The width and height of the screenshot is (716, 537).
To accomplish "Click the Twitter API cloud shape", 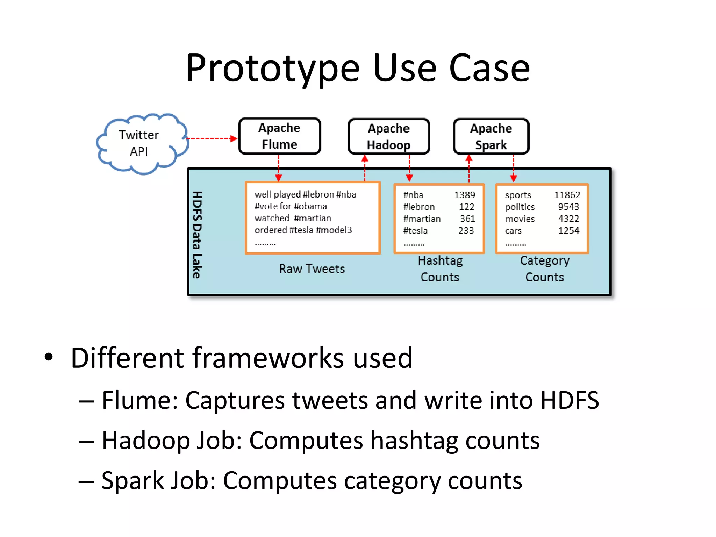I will [142, 143].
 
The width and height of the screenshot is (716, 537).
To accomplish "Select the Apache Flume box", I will [279, 136].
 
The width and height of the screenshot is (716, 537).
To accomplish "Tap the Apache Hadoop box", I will [388, 136].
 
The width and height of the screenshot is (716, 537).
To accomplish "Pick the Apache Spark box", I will [491, 136].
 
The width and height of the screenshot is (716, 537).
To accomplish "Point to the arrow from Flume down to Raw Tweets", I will [279, 168].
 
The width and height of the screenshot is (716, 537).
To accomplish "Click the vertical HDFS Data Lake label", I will [197, 235].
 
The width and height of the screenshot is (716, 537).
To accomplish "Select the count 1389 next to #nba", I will [464, 195].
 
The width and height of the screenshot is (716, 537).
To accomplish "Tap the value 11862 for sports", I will [567, 195].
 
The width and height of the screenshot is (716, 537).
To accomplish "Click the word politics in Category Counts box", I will [520, 207].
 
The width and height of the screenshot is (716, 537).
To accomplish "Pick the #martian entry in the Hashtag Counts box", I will [422, 219].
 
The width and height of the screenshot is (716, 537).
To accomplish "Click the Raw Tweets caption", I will [312, 269].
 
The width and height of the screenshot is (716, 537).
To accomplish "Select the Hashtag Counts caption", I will [440, 269].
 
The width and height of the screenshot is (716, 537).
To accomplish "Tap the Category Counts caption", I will [544, 269].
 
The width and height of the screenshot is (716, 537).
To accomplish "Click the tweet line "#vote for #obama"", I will [291, 206].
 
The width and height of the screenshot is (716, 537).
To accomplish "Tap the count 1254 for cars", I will [568, 231].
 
